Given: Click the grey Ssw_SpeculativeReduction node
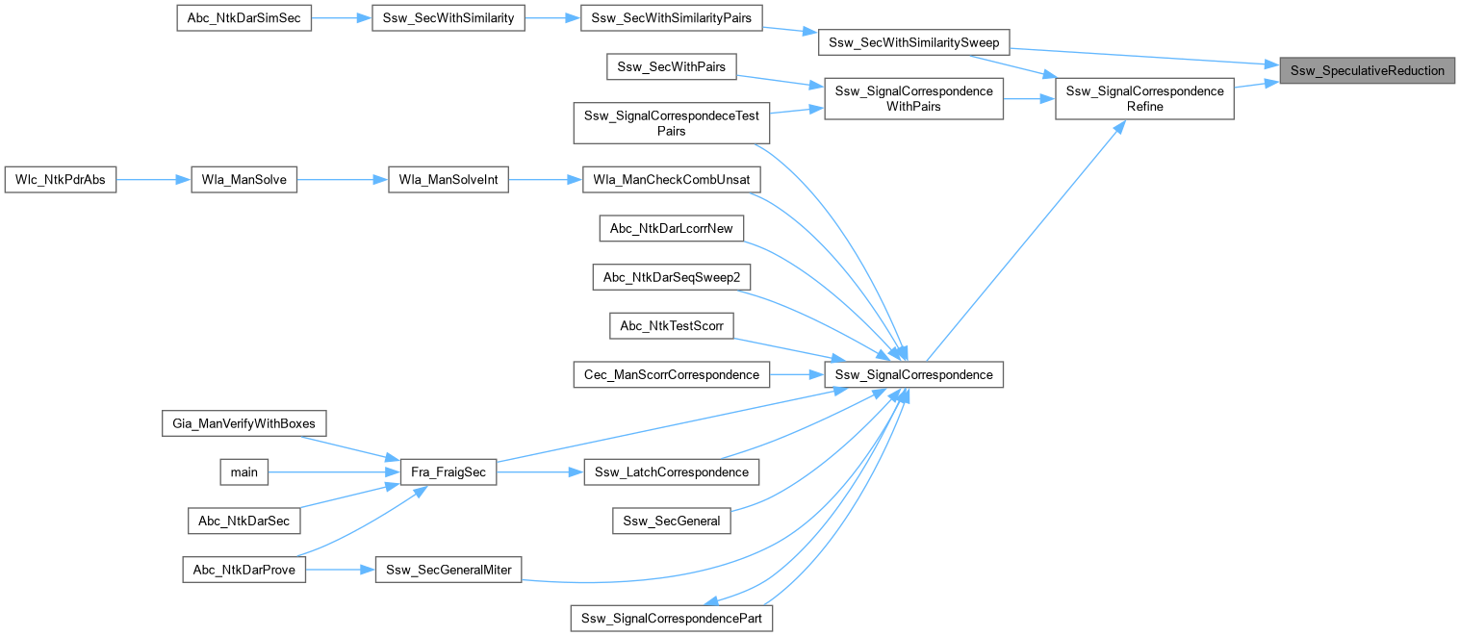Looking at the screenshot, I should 1368,71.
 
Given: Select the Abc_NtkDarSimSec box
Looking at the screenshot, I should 244,19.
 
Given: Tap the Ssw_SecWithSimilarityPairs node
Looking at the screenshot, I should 672,19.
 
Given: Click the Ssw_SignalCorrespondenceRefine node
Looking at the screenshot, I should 1144,99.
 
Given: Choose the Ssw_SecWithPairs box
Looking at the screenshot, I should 672,66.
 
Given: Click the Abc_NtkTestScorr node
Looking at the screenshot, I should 672,326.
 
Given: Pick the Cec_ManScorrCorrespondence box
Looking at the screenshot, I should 672,373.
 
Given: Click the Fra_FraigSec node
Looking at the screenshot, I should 448,471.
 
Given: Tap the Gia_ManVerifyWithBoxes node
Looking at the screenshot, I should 244,422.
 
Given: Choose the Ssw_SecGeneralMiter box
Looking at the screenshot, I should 448,570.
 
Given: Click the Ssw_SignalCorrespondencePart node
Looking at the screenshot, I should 672,617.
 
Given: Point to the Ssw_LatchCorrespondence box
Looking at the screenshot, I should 672,471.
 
